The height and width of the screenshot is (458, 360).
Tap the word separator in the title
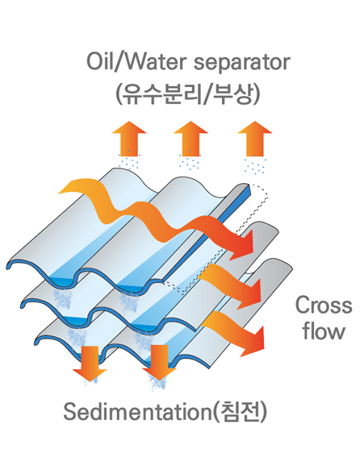tap(242, 63)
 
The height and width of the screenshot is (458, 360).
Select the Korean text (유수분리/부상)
tap(188, 94)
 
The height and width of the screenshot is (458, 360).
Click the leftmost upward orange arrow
tap(129, 139)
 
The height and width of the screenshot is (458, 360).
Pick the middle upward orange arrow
tap(190, 139)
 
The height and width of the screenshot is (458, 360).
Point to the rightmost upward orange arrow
tap(255, 139)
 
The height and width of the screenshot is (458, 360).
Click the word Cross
tap(324, 306)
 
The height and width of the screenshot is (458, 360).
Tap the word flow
tap(324, 331)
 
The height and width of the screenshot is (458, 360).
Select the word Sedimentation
tap(137, 412)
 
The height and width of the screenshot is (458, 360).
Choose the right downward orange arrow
tap(159, 363)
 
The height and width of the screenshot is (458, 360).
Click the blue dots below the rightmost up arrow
tap(255, 164)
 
